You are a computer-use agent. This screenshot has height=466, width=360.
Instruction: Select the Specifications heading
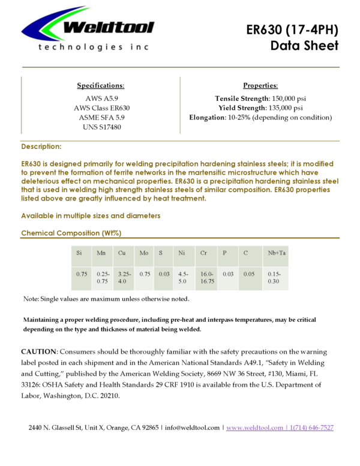101,86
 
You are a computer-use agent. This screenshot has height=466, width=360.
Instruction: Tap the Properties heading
260,86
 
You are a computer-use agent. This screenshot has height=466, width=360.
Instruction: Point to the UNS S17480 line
101,128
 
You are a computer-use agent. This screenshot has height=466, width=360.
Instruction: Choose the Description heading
41,147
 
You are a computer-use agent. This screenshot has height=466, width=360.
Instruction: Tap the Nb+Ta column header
277,253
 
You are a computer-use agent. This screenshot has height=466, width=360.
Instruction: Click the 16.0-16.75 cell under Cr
208,277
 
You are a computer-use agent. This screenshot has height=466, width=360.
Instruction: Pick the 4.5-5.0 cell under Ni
183,277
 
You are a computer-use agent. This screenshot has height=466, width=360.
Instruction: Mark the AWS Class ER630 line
101,108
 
